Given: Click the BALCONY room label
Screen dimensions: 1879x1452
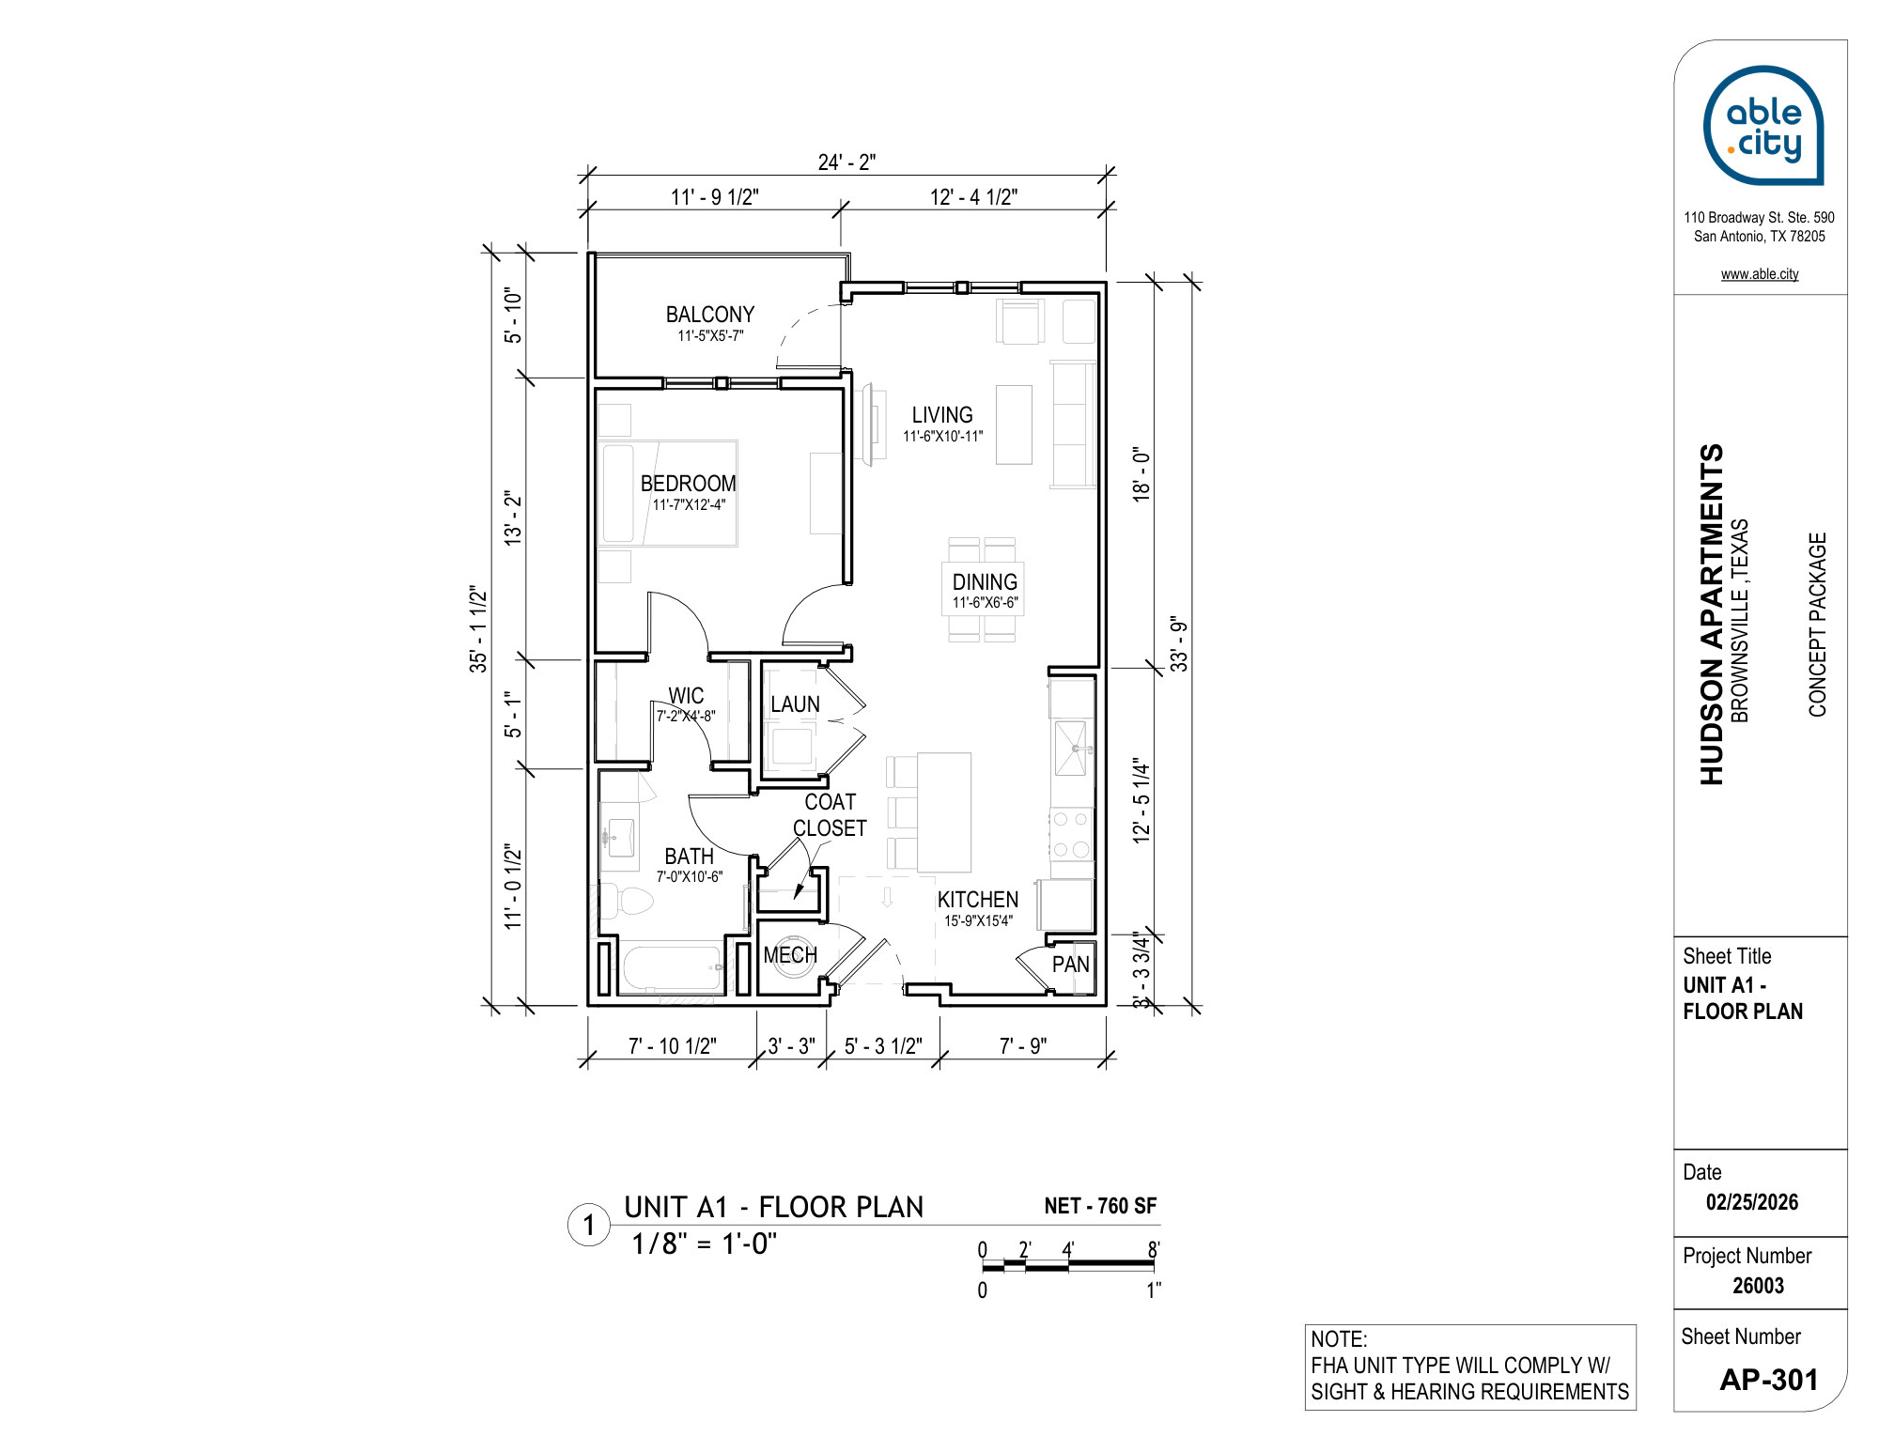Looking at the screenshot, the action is coord(710,315).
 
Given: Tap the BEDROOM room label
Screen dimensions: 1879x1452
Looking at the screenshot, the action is coord(688,484).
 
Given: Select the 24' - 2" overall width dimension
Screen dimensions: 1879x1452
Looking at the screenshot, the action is coord(846,162).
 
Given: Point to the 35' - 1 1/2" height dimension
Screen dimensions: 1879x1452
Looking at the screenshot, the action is coord(479,628).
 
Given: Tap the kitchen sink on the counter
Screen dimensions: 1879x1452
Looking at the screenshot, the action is coord(1071,749).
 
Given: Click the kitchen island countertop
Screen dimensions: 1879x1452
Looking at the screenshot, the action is coord(944,812).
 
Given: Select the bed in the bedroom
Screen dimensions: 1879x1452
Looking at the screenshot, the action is coord(669,493).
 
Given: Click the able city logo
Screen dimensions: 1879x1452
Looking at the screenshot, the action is coord(1763,125).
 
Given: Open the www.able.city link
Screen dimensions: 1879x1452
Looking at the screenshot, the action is coord(1760,274).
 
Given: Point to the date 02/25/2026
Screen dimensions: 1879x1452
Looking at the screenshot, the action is coord(1752,1202).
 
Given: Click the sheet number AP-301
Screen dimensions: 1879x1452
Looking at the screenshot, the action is coord(1769,1380).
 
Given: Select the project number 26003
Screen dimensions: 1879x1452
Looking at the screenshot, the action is coord(1758,1286).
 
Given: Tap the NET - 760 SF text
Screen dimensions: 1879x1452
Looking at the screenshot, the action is coord(1100,1206).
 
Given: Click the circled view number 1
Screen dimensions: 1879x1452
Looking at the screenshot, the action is coord(589,1226).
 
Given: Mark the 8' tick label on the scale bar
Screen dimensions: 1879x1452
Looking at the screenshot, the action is coord(1154,1250).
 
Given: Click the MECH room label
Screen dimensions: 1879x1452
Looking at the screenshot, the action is coord(790,955).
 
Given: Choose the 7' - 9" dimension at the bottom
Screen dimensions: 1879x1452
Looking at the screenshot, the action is coord(1023,1046).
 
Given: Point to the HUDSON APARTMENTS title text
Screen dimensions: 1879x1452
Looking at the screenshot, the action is coord(1712,614).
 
